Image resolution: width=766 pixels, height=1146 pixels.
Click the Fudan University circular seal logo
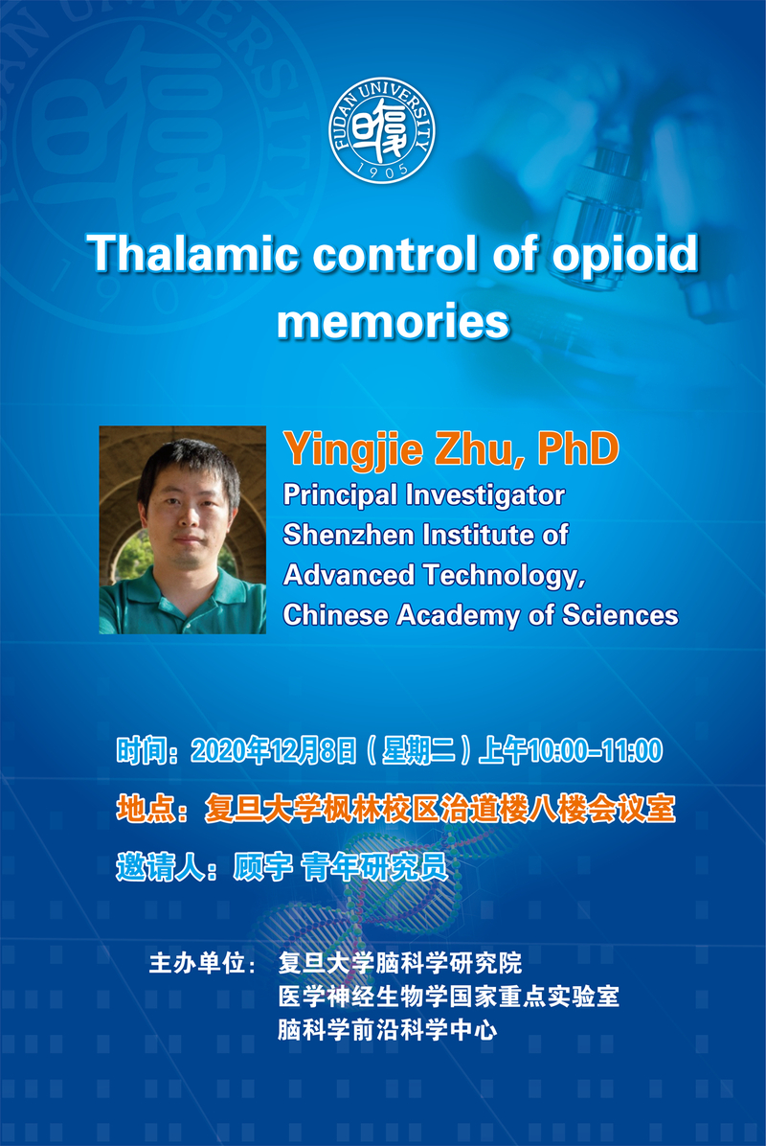[382, 130]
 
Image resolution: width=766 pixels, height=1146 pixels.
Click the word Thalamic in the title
[192, 254]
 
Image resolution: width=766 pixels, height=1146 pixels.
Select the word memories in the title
[393, 322]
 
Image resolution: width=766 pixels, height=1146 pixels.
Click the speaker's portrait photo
[183, 530]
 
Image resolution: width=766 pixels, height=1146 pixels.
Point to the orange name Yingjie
[354, 451]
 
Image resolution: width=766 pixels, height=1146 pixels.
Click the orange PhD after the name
[577, 448]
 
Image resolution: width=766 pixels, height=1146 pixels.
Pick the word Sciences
[620, 615]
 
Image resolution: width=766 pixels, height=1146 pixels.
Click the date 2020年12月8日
[274, 750]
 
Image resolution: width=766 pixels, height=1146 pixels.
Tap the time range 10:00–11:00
[596, 751]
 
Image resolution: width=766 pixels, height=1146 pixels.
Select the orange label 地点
[146, 809]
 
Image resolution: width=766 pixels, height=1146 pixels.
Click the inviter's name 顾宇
[262, 867]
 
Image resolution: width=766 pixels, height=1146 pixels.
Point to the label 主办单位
[196, 963]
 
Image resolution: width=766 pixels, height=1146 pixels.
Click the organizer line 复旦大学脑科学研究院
[400, 963]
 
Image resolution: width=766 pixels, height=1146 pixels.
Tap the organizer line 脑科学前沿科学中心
[388, 1030]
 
